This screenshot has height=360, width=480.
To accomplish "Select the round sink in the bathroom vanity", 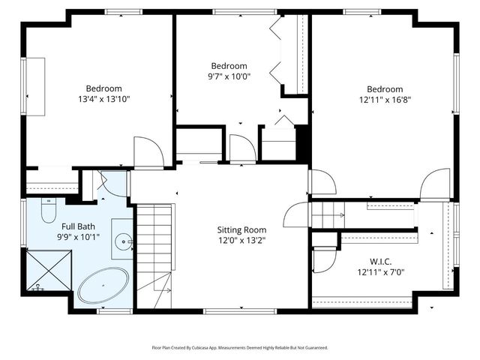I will pos(124,240).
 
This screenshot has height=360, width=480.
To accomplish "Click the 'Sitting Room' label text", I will pos(241,229).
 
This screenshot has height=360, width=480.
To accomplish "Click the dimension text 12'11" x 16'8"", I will pos(385,98).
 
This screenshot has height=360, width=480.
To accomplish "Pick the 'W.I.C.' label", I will pos(380,262).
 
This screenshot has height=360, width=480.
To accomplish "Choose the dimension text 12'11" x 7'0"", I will pos(380,273).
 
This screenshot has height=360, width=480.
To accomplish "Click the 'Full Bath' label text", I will pos(78,226).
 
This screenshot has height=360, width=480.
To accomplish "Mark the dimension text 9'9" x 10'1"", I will pos(78,237).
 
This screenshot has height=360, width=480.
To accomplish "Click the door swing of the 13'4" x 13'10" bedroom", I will pos(148,152).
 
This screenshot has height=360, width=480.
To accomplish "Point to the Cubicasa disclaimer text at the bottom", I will pos(240,348).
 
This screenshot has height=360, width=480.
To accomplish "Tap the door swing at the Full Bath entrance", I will pos(112,184).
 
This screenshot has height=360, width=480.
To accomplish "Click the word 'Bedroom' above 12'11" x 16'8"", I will pos(385,88).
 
